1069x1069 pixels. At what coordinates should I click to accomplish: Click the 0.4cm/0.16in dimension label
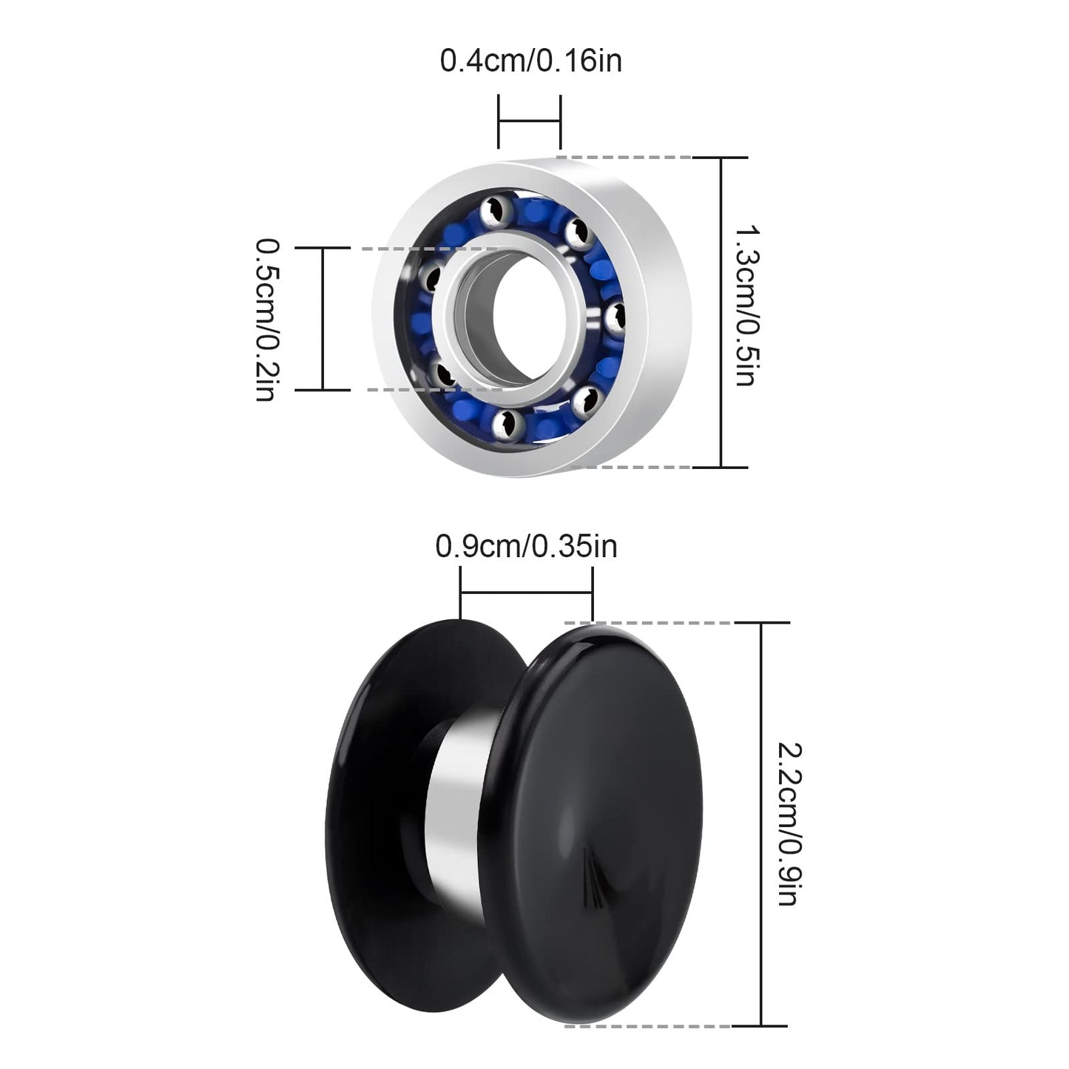(530, 61)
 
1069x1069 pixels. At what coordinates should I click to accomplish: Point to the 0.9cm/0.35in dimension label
(526, 547)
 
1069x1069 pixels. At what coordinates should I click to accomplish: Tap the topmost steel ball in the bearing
(490, 211)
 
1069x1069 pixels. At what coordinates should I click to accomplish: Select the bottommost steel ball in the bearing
(508, 422)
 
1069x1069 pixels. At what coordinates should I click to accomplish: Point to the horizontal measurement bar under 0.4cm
(530, 121)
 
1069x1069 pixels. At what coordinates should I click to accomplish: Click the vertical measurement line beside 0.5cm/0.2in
(323, 319)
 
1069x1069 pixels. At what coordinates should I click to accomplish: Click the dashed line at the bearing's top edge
(625, 158)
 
